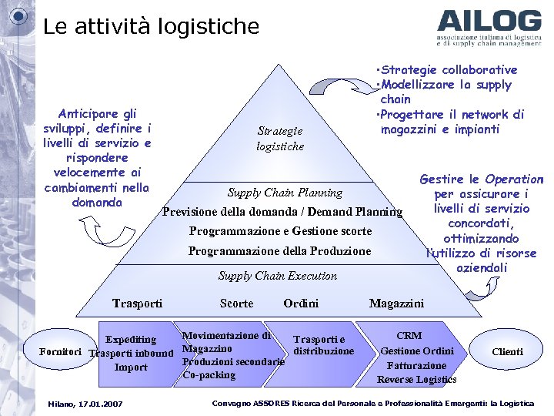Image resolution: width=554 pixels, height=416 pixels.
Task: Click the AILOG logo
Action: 489,28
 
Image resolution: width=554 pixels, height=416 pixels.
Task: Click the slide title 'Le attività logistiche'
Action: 152,27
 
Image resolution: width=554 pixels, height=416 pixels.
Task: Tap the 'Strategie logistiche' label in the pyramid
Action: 280,139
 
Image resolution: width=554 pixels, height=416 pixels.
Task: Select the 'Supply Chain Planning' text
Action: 285,193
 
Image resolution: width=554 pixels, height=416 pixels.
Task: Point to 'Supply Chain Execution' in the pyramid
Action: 277,276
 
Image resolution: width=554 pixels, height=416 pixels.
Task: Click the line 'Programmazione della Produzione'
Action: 279,251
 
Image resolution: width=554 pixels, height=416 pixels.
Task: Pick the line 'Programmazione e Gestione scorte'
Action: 280,231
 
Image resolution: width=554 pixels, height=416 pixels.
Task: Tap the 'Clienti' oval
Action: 507,352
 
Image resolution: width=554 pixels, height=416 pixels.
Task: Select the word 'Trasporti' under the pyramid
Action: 137,304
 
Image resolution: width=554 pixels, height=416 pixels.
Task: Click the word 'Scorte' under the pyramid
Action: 236,304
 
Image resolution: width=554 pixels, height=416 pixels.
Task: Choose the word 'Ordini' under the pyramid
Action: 301,304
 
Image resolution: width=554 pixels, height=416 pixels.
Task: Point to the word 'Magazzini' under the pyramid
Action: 396,304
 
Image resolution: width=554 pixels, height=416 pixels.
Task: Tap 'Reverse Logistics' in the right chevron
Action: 416,379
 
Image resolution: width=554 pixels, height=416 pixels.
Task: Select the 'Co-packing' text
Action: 209,375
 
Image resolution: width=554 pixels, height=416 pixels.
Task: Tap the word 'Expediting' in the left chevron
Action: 130,340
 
